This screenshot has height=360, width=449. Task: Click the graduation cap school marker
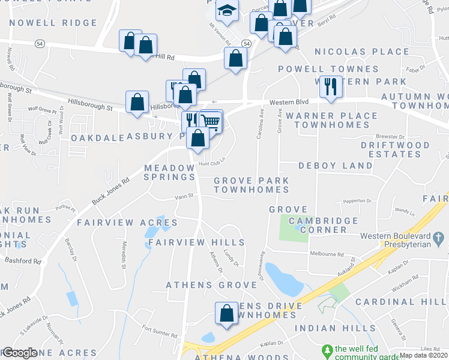[227, 11]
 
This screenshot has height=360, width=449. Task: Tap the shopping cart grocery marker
[211, 121]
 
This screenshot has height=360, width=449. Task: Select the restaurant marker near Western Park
[330, 86]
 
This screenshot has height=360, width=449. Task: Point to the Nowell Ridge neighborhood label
[53, 23]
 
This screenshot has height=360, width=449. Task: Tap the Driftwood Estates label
[396, 149]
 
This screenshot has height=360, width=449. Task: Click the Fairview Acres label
[127, 223]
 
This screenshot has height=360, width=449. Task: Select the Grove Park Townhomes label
[252, 185]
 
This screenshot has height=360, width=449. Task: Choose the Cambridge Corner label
[324, 226]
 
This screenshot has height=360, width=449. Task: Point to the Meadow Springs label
[169, 172]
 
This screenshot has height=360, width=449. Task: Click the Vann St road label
[184, 196]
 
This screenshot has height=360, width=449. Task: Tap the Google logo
[19, 353]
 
